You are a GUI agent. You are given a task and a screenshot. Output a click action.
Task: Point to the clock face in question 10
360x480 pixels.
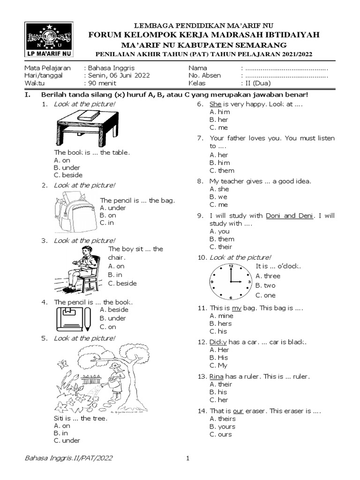tap(230, 281)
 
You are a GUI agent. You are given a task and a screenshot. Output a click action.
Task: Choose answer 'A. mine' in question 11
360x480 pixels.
tap(221, 316)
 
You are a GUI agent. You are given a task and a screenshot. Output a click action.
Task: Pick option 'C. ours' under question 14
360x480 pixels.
tap(221, 434)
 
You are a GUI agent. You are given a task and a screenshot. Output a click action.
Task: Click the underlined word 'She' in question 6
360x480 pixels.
tap(215, 104)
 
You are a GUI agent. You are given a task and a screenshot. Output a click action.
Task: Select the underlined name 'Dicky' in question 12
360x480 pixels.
tap(217, 342)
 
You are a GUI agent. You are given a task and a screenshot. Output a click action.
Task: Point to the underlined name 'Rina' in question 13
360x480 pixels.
tap(217, 376)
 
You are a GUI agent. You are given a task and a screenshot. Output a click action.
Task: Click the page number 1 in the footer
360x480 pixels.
tap(187, 458)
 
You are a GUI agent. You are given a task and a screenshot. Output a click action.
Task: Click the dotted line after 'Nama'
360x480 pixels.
tap(286, 67)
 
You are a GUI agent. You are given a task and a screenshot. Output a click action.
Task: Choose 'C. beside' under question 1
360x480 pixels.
tap(68, 175)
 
